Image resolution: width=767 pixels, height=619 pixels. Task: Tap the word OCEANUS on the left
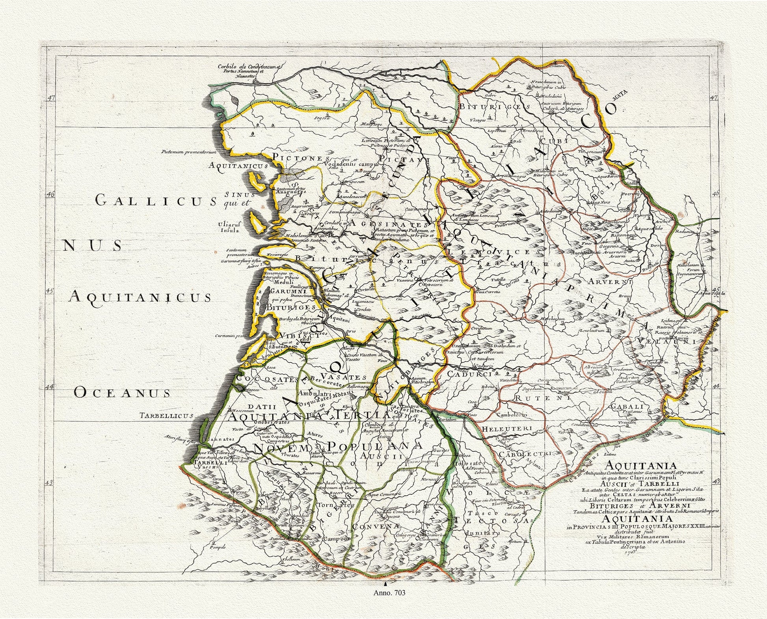coord(122,393)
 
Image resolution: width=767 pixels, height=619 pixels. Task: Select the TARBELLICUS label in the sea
coord(166,415)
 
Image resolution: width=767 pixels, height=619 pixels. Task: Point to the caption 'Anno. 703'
coord(389,592)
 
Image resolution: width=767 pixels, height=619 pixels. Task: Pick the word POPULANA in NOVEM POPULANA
coord(375,446)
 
